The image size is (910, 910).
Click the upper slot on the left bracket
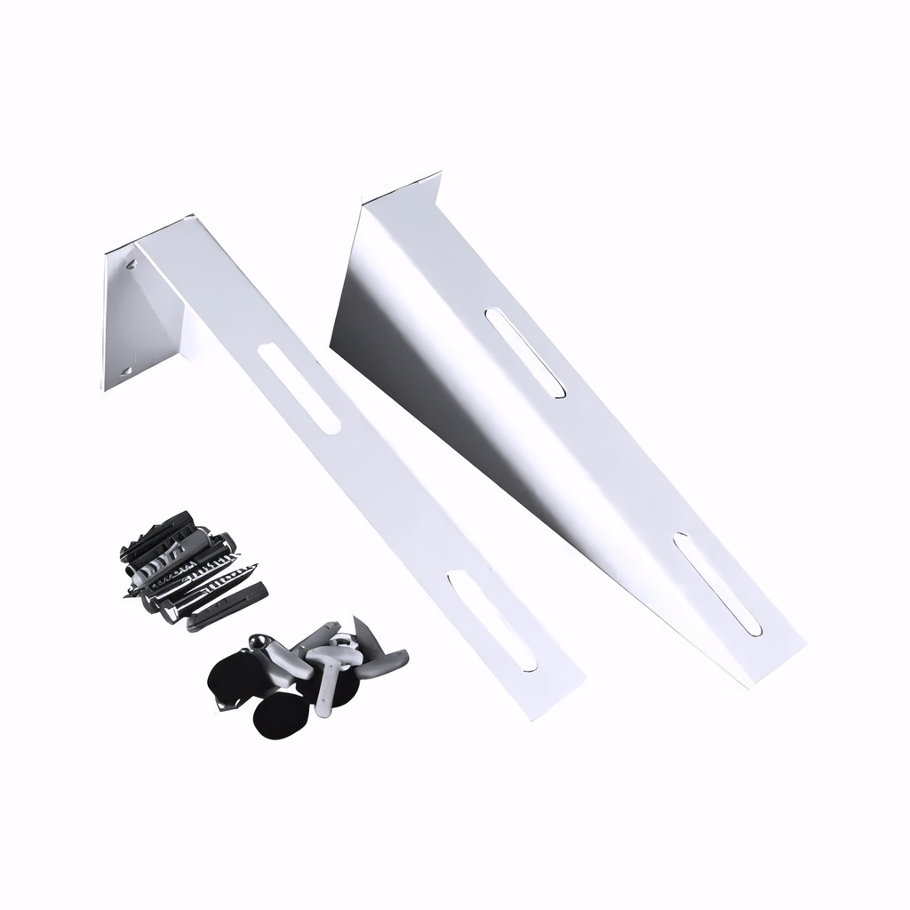[x=300, y=389]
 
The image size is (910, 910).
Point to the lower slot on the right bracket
[x=717, y=584]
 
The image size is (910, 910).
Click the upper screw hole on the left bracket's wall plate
[x=132, y=263]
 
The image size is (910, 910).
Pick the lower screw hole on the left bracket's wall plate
[x=126, y=370]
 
